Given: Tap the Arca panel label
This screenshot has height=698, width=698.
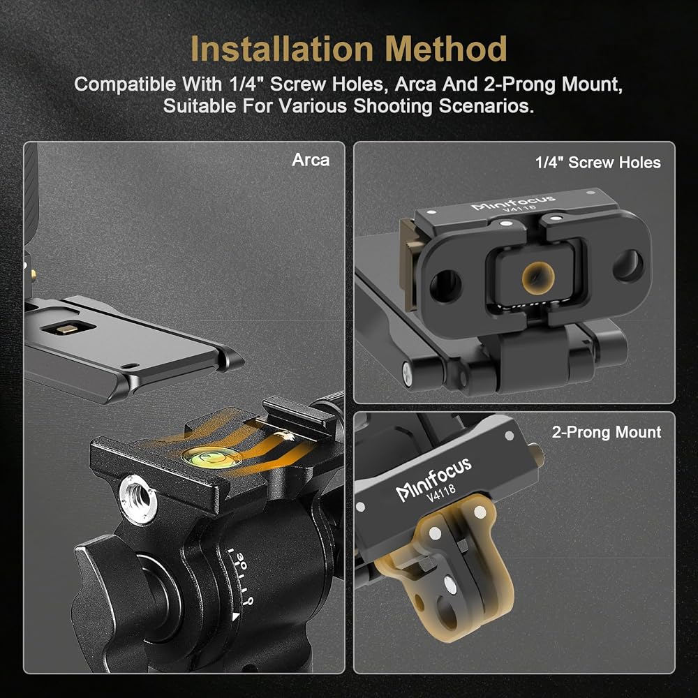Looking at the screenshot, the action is pyautogui.click(x=311, y=160).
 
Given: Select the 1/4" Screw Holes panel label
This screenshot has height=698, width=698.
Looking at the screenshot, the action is pyautogui.click(x=598, y=163).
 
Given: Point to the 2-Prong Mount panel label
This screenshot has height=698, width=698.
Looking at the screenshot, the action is pyautogui.click(x=607, y=432).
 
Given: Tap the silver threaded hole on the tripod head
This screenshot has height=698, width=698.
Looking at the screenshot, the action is pyautogui.click(x=138, y=498).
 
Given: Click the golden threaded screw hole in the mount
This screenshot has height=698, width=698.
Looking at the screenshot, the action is pyautogui.click(x=537, y=277).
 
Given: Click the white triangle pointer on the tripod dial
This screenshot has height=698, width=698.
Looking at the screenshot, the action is pyautogui.click(x=235, y=616).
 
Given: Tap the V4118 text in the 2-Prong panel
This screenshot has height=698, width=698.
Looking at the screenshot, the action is pyautogui.click(x=441, y=493).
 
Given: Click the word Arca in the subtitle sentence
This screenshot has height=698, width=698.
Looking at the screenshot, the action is pyautogui.click(x=415, y=84).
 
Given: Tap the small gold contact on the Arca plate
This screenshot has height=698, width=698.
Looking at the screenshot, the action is pyautogui.click(x=68, y=329).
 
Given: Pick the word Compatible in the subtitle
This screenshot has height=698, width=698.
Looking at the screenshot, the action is pyautogui.click(x=125, y=84).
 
